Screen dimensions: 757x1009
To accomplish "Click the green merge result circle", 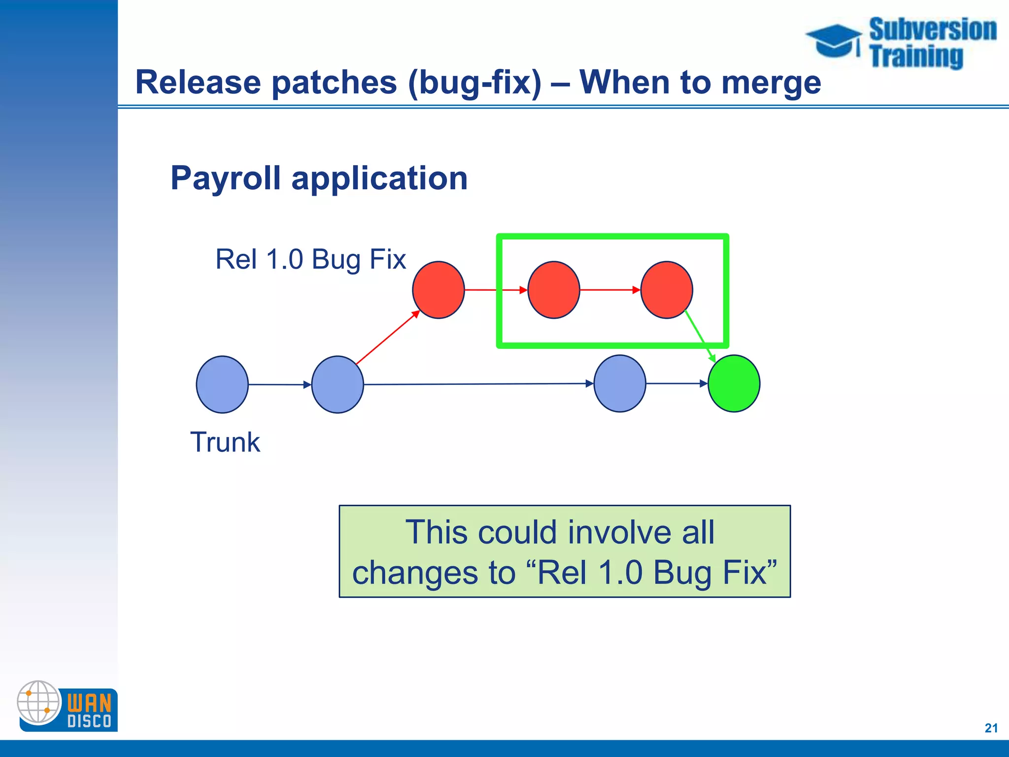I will (x=734, y=383).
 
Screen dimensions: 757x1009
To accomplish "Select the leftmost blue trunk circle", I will (x=222, y=384).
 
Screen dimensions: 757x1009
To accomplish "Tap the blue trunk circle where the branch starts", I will (x=337, y=384).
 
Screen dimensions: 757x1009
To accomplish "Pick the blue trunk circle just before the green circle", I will (x=620, y=383).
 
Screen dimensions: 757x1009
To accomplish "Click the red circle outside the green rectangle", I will (x=438, y=290).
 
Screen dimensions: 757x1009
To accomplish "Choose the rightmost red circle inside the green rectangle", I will (x=667, y=290).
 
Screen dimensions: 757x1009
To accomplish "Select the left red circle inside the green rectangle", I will (x=554, y=290).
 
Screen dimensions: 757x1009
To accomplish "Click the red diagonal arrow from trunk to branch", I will (x=387, y=338).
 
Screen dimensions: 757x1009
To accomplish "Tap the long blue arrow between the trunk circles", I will (x=478, y=384).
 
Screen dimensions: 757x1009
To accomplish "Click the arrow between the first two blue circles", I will (x=280, y=384).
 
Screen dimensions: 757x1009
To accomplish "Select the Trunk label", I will (x=225, y=442).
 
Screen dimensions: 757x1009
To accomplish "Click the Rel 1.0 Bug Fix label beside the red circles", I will (x=310, y=259).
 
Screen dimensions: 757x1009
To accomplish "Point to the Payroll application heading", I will (x=319, y=178).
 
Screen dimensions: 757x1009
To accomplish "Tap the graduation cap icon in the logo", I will (x=834, y=41).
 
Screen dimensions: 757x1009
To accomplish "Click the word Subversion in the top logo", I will (x=933, y=30).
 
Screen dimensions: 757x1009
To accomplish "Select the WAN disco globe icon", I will (x=38, y=702).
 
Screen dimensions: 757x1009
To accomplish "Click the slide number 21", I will (x=991, y=728).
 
